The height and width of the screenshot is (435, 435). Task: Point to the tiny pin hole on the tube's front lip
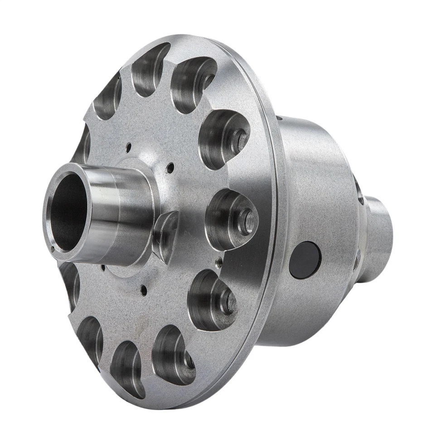click(x=53, y=247)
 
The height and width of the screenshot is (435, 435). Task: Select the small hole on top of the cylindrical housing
click(x=278, y=119)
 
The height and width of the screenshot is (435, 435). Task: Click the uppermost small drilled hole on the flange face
click(x=129, y=146)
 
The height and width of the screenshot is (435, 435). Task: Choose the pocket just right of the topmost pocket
click(x=193, y=84)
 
